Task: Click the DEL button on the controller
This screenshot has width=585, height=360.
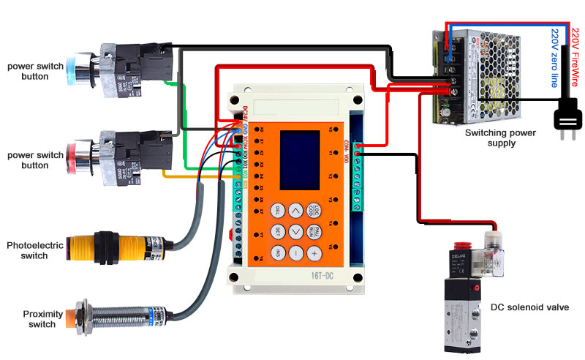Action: (278, 210)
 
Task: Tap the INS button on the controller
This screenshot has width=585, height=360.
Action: (278, 252)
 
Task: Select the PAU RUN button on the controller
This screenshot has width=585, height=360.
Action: (313, 231)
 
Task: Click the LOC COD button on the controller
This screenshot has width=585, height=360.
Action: (313, 210)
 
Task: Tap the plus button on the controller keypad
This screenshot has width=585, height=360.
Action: (313, 252)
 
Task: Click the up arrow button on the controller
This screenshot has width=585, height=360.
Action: (295, 210)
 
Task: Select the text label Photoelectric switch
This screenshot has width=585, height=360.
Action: (28, 250)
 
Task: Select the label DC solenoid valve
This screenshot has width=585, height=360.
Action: (529, 307)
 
